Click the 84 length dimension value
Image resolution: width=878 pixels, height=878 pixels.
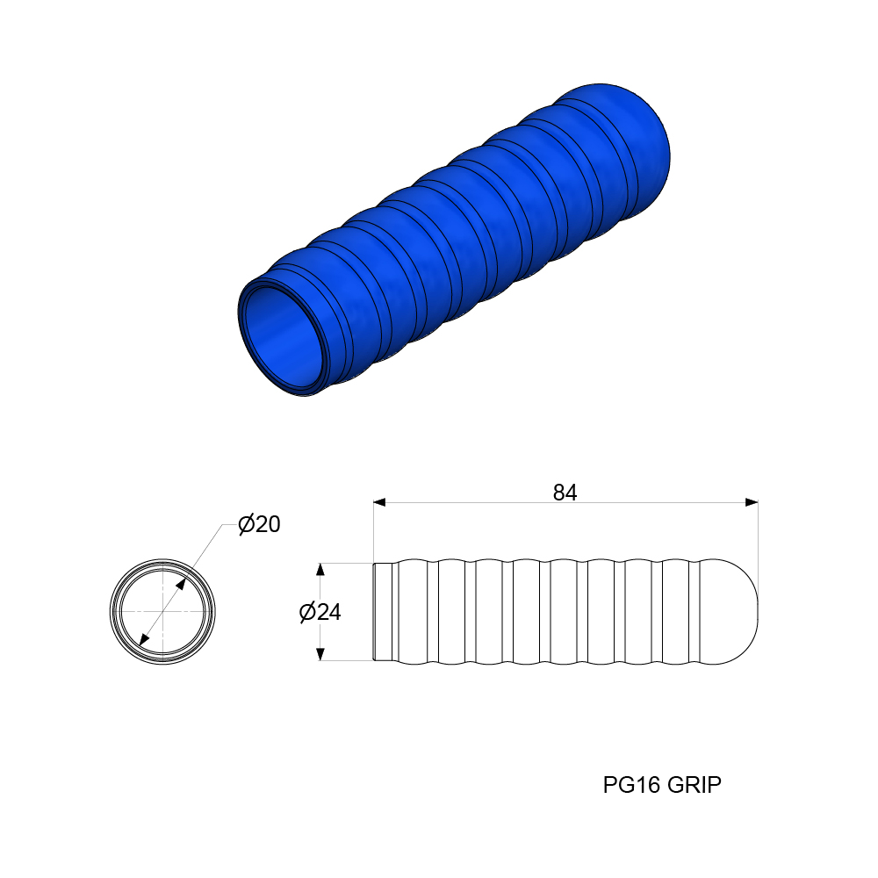pyautogui.click(x=565, y=493)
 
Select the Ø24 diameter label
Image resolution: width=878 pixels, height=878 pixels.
pyautogui.click(x=320, y=612)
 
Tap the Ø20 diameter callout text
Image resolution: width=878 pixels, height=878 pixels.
pyautogui.click(x=259, y=524)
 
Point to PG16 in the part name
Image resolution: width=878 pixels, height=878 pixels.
pyautogui.click(x=632, y=784)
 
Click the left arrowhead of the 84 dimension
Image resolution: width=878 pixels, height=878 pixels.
pyautogui.click(x=379, y=502)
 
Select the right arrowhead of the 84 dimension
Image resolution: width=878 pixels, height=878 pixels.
pyautogui.click(x=752, y=502)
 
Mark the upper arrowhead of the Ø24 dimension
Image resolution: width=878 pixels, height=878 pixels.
pyautogui.click(x=320, y=570)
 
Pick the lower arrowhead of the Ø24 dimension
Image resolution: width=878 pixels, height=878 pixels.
pyautogui.click(x=320, y=654)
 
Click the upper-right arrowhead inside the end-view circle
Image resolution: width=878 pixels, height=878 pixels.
pyautogui.click(x=180, y=584)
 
